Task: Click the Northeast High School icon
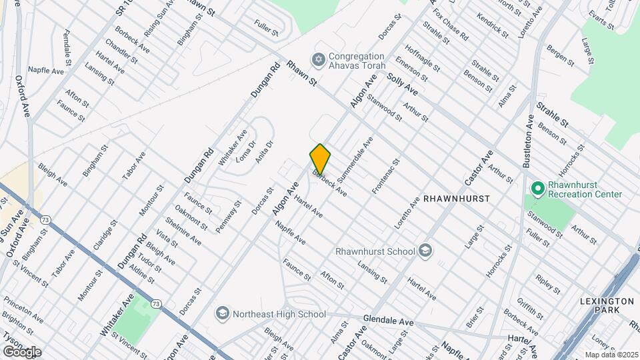tap(222, 313)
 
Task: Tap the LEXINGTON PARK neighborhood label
tap(606, 306)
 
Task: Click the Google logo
tap(21, 351)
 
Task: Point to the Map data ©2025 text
tap(611, 354)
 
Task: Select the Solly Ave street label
tap(402, 85)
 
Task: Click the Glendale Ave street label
tap(389, 321)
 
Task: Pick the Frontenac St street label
tap(385, 177)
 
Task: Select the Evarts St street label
tap(601, 18)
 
